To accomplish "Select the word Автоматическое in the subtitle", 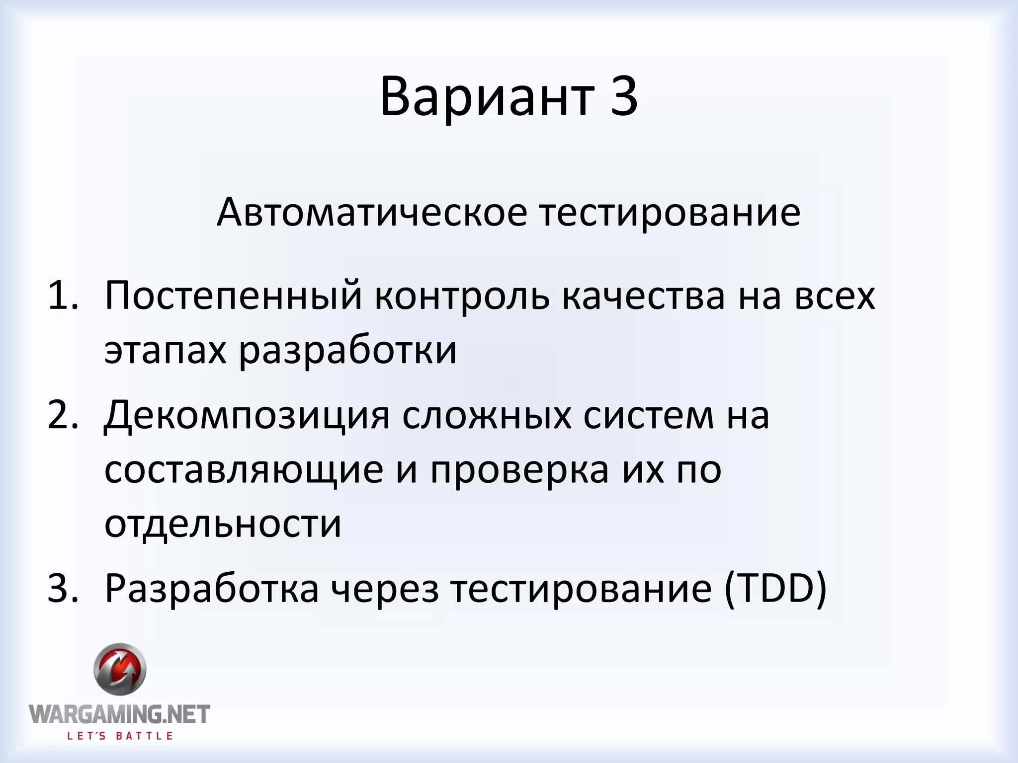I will [371, 213].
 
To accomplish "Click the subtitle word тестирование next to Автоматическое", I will [671, 213].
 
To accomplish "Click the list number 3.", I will [63, 589].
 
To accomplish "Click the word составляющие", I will [244, 470].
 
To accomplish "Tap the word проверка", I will [519, 470].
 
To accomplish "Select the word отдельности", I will [223, 524].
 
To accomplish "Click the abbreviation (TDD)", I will [775, 589].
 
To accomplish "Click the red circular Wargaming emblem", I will [120, 669].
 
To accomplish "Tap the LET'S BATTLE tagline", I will [120, 736].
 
